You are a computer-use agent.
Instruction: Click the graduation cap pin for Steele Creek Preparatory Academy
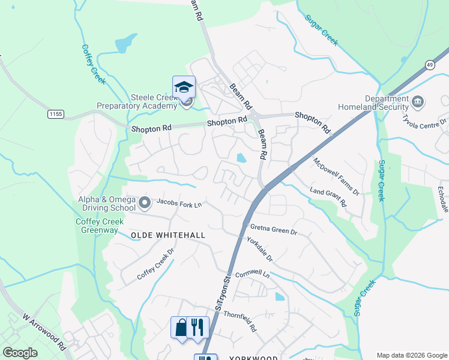184,87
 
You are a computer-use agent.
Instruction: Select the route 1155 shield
56,113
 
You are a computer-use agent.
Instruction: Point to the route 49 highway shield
430,64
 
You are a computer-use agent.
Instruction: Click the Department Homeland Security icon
418,101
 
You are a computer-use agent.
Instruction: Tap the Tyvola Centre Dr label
424,119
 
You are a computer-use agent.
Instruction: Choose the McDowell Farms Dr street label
336,176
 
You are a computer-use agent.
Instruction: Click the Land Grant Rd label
328,196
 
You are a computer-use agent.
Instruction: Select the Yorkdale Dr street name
259,248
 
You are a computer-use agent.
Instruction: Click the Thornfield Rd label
240,321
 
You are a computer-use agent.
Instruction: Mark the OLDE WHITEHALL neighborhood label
168,236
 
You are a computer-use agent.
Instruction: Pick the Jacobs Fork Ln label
179,204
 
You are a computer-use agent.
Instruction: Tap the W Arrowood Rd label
43,331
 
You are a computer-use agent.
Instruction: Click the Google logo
20,353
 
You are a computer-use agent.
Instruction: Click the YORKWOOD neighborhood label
253,358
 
